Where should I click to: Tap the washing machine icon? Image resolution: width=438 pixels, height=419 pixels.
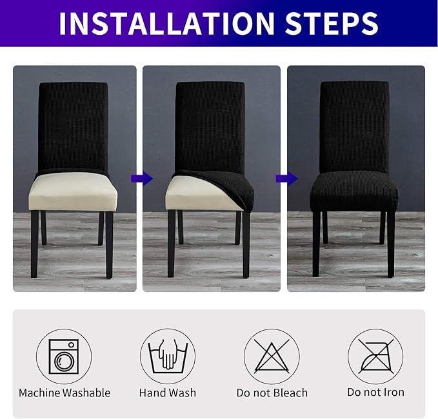[64, 356]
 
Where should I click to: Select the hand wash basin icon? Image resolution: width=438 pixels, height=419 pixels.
[168, 356]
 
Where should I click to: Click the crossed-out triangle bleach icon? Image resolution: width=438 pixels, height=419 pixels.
[271, 356]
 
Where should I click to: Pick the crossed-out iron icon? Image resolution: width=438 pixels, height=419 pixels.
[375, 356]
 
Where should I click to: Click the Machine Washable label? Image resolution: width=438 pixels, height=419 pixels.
[65, 393]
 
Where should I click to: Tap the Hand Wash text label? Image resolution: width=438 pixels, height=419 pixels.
[168, 393]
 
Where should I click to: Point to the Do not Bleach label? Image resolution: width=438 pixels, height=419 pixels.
[272, 393]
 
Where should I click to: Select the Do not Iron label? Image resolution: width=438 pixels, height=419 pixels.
[375, 393]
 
